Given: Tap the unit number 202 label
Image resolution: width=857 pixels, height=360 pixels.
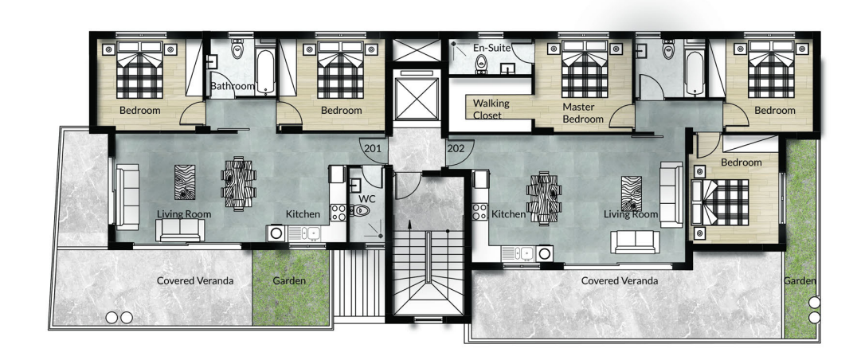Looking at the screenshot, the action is tap(456, 148).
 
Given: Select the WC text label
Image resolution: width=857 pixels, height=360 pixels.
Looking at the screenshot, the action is tap(366, 199).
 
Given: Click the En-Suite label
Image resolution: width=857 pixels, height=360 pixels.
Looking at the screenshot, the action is tap(491, 48).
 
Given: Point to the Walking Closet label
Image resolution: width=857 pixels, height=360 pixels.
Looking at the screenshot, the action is tap(491, 108).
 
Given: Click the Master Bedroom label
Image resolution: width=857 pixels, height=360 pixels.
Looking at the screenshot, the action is tap(583, 113).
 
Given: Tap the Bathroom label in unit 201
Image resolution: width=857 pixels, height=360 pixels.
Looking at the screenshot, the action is tap(233, 86).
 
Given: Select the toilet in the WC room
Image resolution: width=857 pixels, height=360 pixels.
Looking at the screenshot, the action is tap(362, 210).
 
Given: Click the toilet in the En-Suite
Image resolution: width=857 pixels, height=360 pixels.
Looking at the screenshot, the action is tap(481, 65).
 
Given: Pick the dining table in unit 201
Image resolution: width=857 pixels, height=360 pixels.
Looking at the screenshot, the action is tap(239, 183).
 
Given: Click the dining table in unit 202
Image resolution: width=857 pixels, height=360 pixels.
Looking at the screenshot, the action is tap(544, 198).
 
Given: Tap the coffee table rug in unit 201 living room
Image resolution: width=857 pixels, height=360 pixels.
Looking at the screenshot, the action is tap(184, 182).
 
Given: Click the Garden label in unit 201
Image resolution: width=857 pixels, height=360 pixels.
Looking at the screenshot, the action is tap(289, 281).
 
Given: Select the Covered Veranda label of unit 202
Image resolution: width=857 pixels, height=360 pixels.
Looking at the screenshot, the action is tap(619, 281).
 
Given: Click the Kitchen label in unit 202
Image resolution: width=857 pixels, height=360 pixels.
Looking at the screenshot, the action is tap(508, 215).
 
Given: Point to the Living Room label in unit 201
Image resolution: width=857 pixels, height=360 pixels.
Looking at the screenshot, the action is tap(184, 214).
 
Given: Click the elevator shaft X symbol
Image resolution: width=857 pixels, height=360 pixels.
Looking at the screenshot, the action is tap(417, 99).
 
